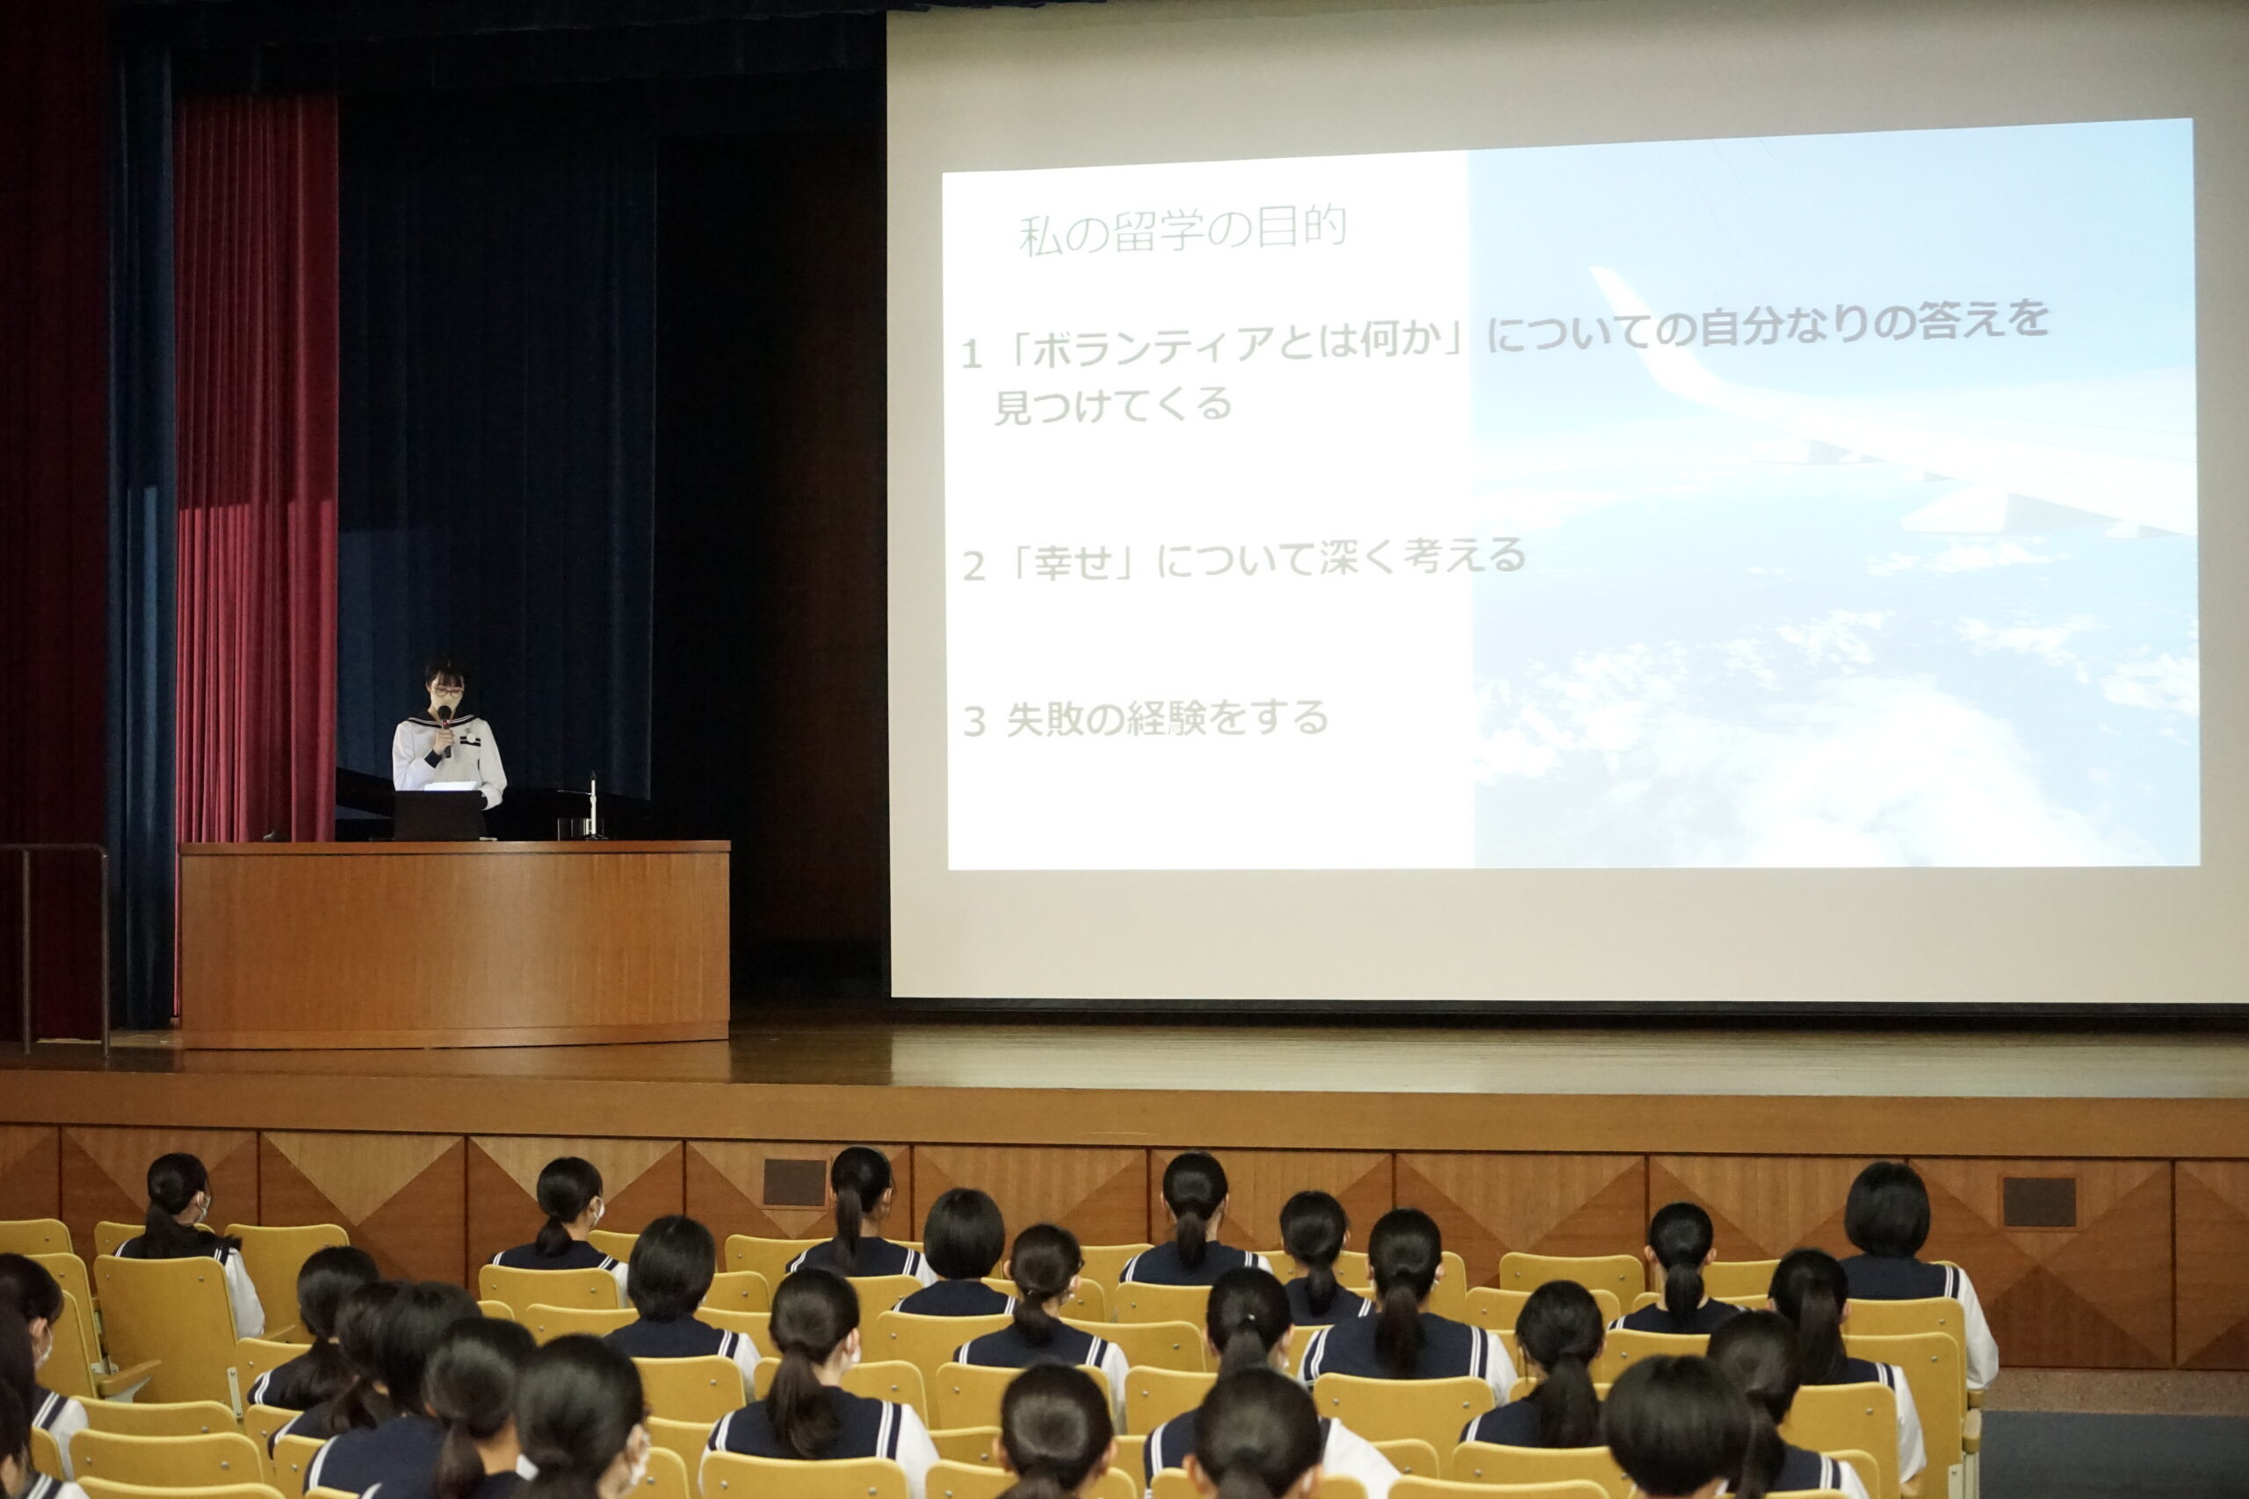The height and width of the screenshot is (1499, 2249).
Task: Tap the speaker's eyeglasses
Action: pos(446,692)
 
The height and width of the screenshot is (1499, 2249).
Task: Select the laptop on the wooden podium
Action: pos(439,815)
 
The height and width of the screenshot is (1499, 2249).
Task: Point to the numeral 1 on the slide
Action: pos(971,355)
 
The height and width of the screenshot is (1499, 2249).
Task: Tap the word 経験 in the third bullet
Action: pos(1169,719)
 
